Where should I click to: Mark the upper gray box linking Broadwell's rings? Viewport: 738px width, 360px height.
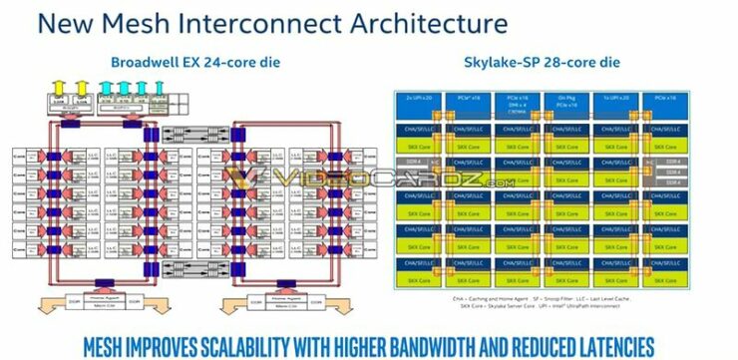[x=190, y=134]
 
